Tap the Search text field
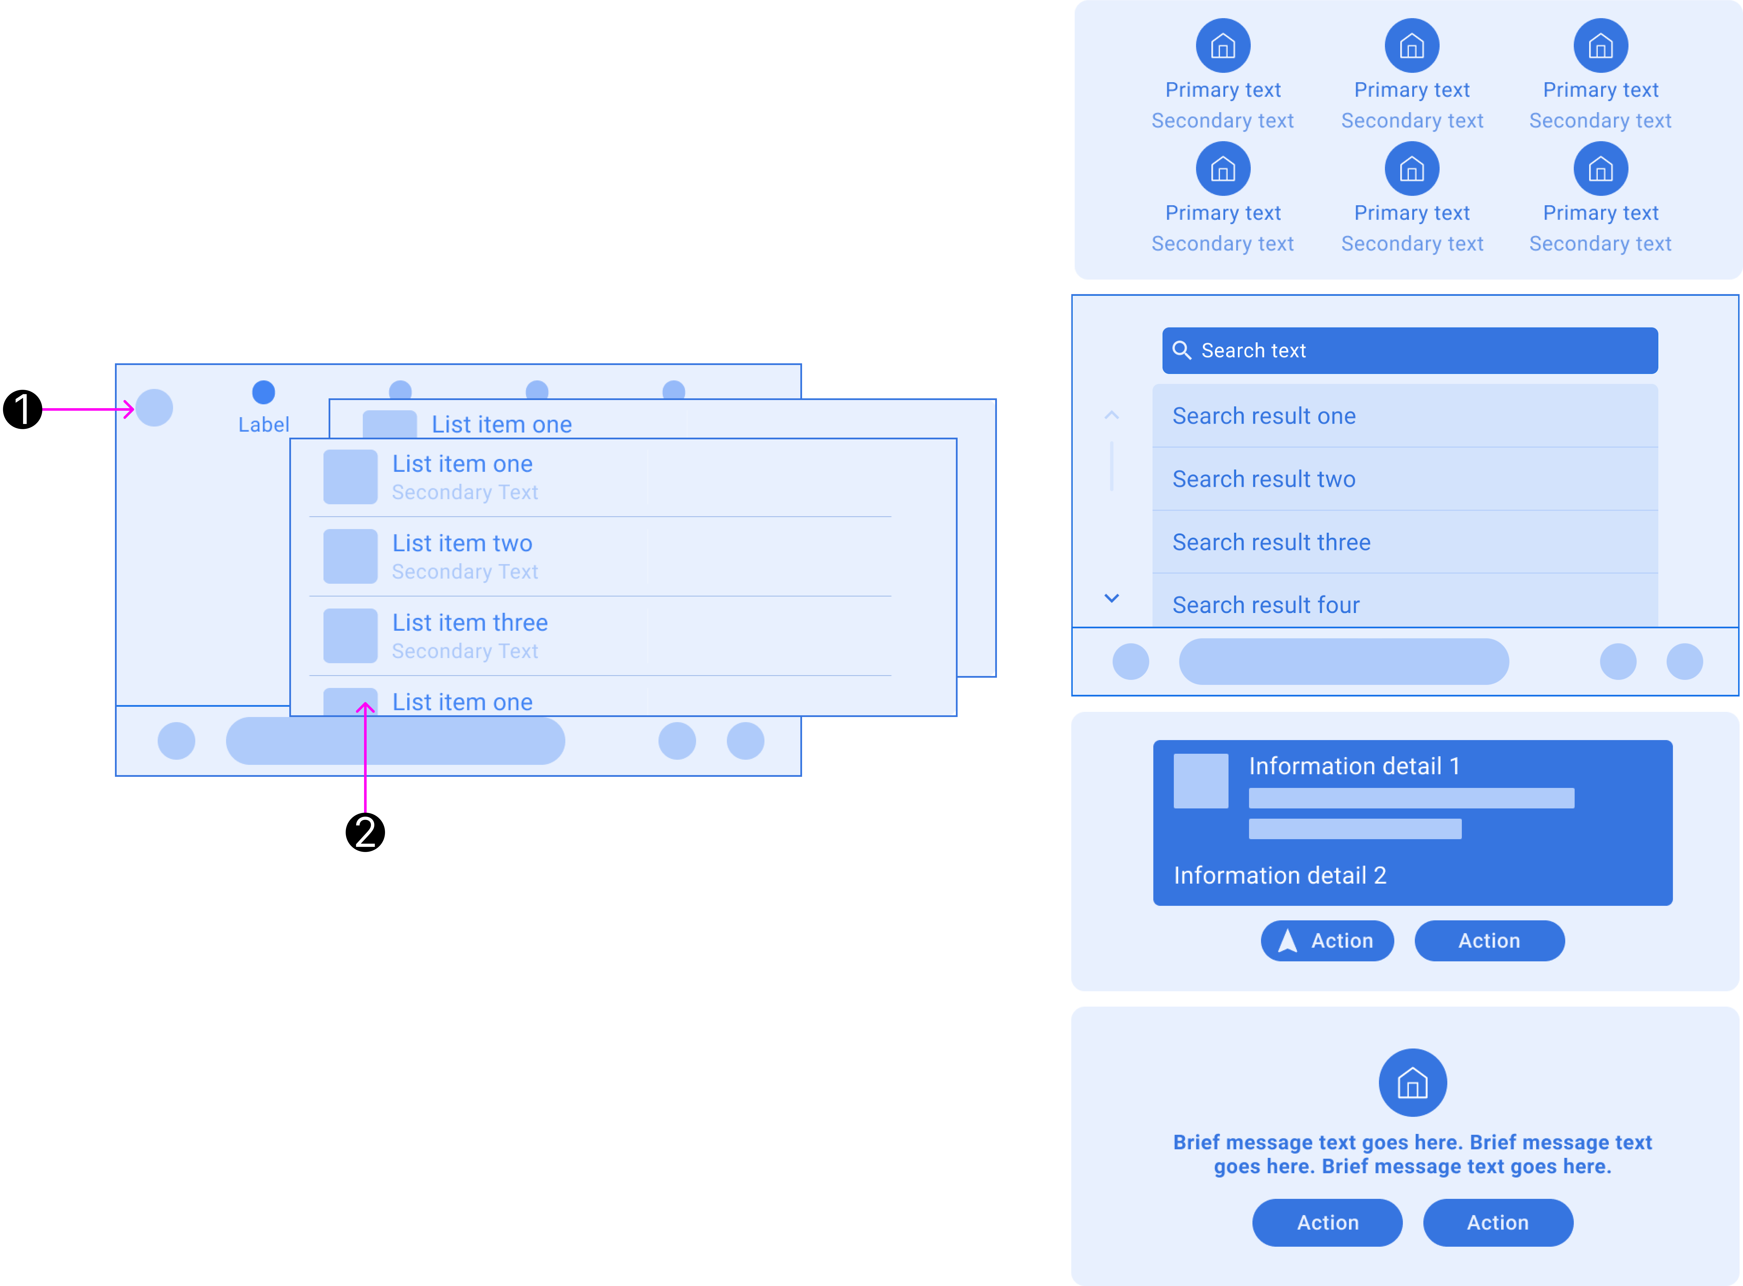(x=1409, y=350)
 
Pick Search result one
(x=1264, y=416)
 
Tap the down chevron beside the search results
(x=1112, y=598)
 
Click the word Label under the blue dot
(x=263, y=424)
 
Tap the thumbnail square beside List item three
(x=350, y=635)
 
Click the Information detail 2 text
(x=1280, y=875)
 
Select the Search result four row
(x=1266, y=605)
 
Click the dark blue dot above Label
(x=263, y=392)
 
